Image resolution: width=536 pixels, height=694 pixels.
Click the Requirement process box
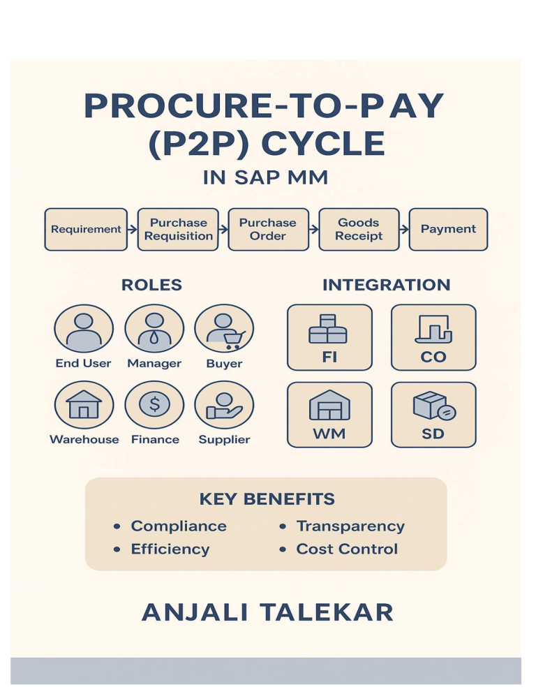86,229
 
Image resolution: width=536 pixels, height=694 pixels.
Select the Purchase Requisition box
179,229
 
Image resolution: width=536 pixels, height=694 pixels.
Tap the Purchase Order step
268,229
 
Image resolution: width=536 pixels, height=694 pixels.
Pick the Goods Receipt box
359,229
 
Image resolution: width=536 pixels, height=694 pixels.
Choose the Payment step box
448,229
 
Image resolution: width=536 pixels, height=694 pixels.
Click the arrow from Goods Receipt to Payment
404,229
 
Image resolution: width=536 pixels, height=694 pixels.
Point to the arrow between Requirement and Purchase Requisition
133,229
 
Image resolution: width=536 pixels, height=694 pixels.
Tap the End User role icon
84,329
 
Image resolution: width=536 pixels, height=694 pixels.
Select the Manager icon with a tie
154,329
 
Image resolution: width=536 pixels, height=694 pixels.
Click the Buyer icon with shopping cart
224,329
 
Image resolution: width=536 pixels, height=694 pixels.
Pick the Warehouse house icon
84,405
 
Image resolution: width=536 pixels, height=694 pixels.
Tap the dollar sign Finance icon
154,405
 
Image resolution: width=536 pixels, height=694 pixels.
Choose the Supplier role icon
224,405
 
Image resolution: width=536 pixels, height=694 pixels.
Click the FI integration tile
329,337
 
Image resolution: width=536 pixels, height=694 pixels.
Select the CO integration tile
433,337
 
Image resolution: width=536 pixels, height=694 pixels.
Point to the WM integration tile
329,414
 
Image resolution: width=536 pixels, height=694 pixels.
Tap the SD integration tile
433,414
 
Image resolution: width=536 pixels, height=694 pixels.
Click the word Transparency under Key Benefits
350,526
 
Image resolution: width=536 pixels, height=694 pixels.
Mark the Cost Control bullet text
347,549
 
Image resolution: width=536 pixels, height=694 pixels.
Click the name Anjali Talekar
267,612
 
